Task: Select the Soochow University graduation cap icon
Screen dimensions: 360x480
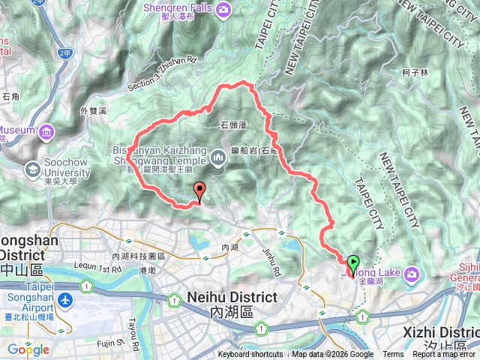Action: coord(34,170)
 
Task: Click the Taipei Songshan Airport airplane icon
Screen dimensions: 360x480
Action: coord(67,299)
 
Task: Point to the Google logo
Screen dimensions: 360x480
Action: coord(28,349)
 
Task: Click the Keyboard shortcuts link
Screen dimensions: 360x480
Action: coord(250,355)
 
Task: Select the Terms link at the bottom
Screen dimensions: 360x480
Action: coord(393,355)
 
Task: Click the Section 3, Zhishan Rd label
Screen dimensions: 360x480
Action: coord(161,72)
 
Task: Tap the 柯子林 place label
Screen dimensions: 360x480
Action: coord(414,73)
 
